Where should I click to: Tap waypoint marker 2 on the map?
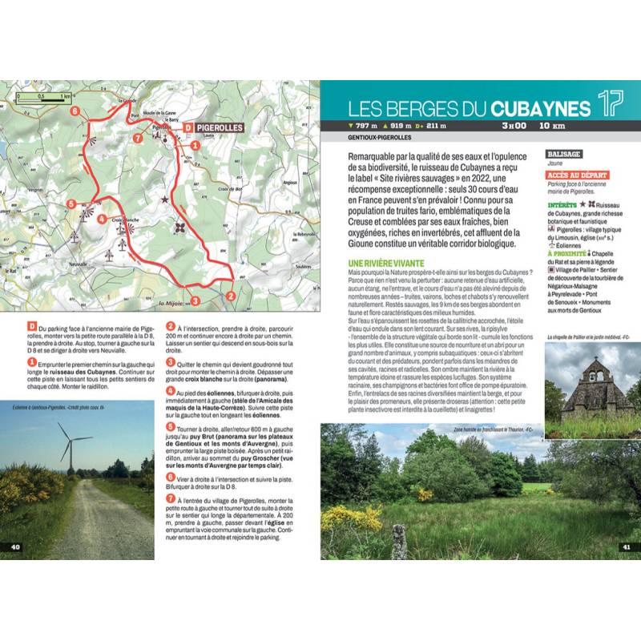pyautogui.click(x=230, y=296)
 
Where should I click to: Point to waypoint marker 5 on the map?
pyautogui.click(x=71, y=205)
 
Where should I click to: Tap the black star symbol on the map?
pyautogui.click(x=166, y=198)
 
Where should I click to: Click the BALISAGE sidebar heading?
pyautogui.click(x=564, y=153)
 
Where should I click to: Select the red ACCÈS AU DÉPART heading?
pyautogui.click(x=576, y=175)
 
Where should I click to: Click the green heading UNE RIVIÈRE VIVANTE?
pyautogui.click(x=392, y=263)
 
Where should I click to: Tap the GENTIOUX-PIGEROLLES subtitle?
pyautogui.click(x=373, y=139)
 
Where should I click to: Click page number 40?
pyautogui.click(x=15, y=547)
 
